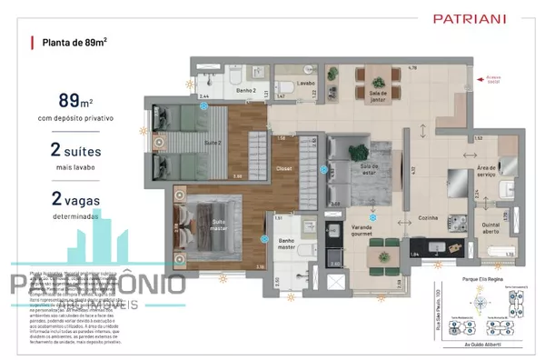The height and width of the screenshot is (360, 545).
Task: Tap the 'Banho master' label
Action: coord(288,245)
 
